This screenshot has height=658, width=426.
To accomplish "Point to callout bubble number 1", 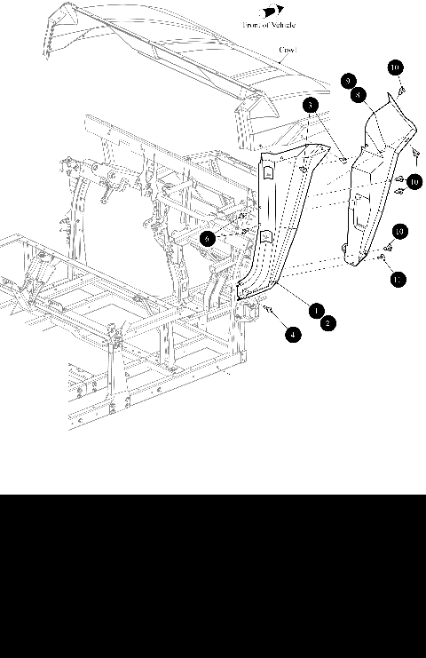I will [x=316, y=310].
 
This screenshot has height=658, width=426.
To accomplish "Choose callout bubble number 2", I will [x=328, y=324].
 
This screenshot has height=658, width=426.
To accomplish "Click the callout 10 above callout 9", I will [x=396, y=67].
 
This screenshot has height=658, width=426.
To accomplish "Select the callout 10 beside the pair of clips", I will [x=414, y=181].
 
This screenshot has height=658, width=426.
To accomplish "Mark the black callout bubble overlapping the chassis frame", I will [x=207, y=239].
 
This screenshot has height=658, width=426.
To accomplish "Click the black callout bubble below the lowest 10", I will [x=398, y=280].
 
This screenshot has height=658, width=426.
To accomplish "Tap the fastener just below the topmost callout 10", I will [x=400, y=90].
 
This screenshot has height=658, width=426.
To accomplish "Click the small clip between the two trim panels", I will [x=343, y=160].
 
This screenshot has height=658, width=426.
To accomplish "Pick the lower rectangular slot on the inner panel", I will [x=264, y=236].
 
